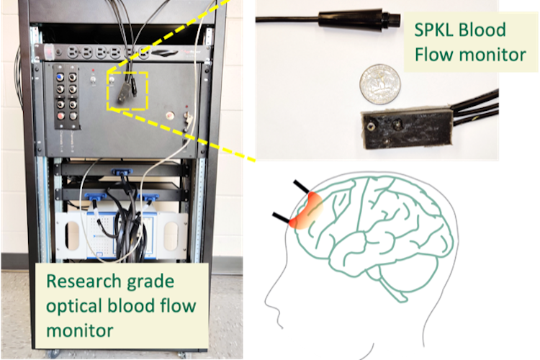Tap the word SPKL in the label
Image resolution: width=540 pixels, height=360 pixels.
[x=433, y=31]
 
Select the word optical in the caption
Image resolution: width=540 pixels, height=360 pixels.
[x=75, y=305]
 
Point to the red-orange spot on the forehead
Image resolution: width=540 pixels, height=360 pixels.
[x=305, y=213]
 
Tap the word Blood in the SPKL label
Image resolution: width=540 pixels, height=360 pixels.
[x=485, y=31]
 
